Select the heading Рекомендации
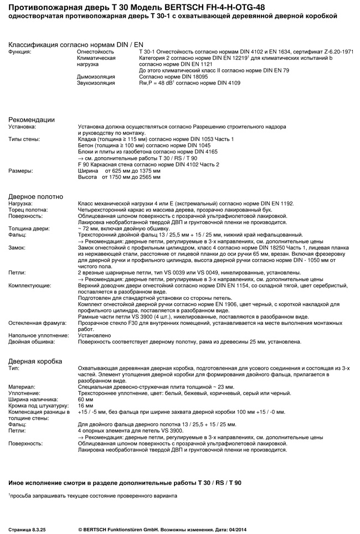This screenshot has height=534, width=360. tap(31, 120)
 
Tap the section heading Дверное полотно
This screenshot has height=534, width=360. tap(35, 196)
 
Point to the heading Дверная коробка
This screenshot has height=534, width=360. tap(35, 361)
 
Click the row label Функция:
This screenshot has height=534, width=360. tap(20, 51)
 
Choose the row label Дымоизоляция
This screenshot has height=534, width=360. tap(96, 76)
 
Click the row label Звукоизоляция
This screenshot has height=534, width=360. tap(96, 82)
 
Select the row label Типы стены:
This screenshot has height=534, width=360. tap(24, 139)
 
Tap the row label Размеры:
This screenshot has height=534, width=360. tap(20, 170)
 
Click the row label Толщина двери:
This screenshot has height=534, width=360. tap(29, 228)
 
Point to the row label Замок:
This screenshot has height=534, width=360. tap(17, 247)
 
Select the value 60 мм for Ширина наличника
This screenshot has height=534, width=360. tap(86, 399)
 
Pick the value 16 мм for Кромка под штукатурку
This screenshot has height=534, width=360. tap(86, 406)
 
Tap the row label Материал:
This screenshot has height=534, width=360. tap(22, 386)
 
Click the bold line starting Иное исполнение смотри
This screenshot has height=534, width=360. tap(125, 483)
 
